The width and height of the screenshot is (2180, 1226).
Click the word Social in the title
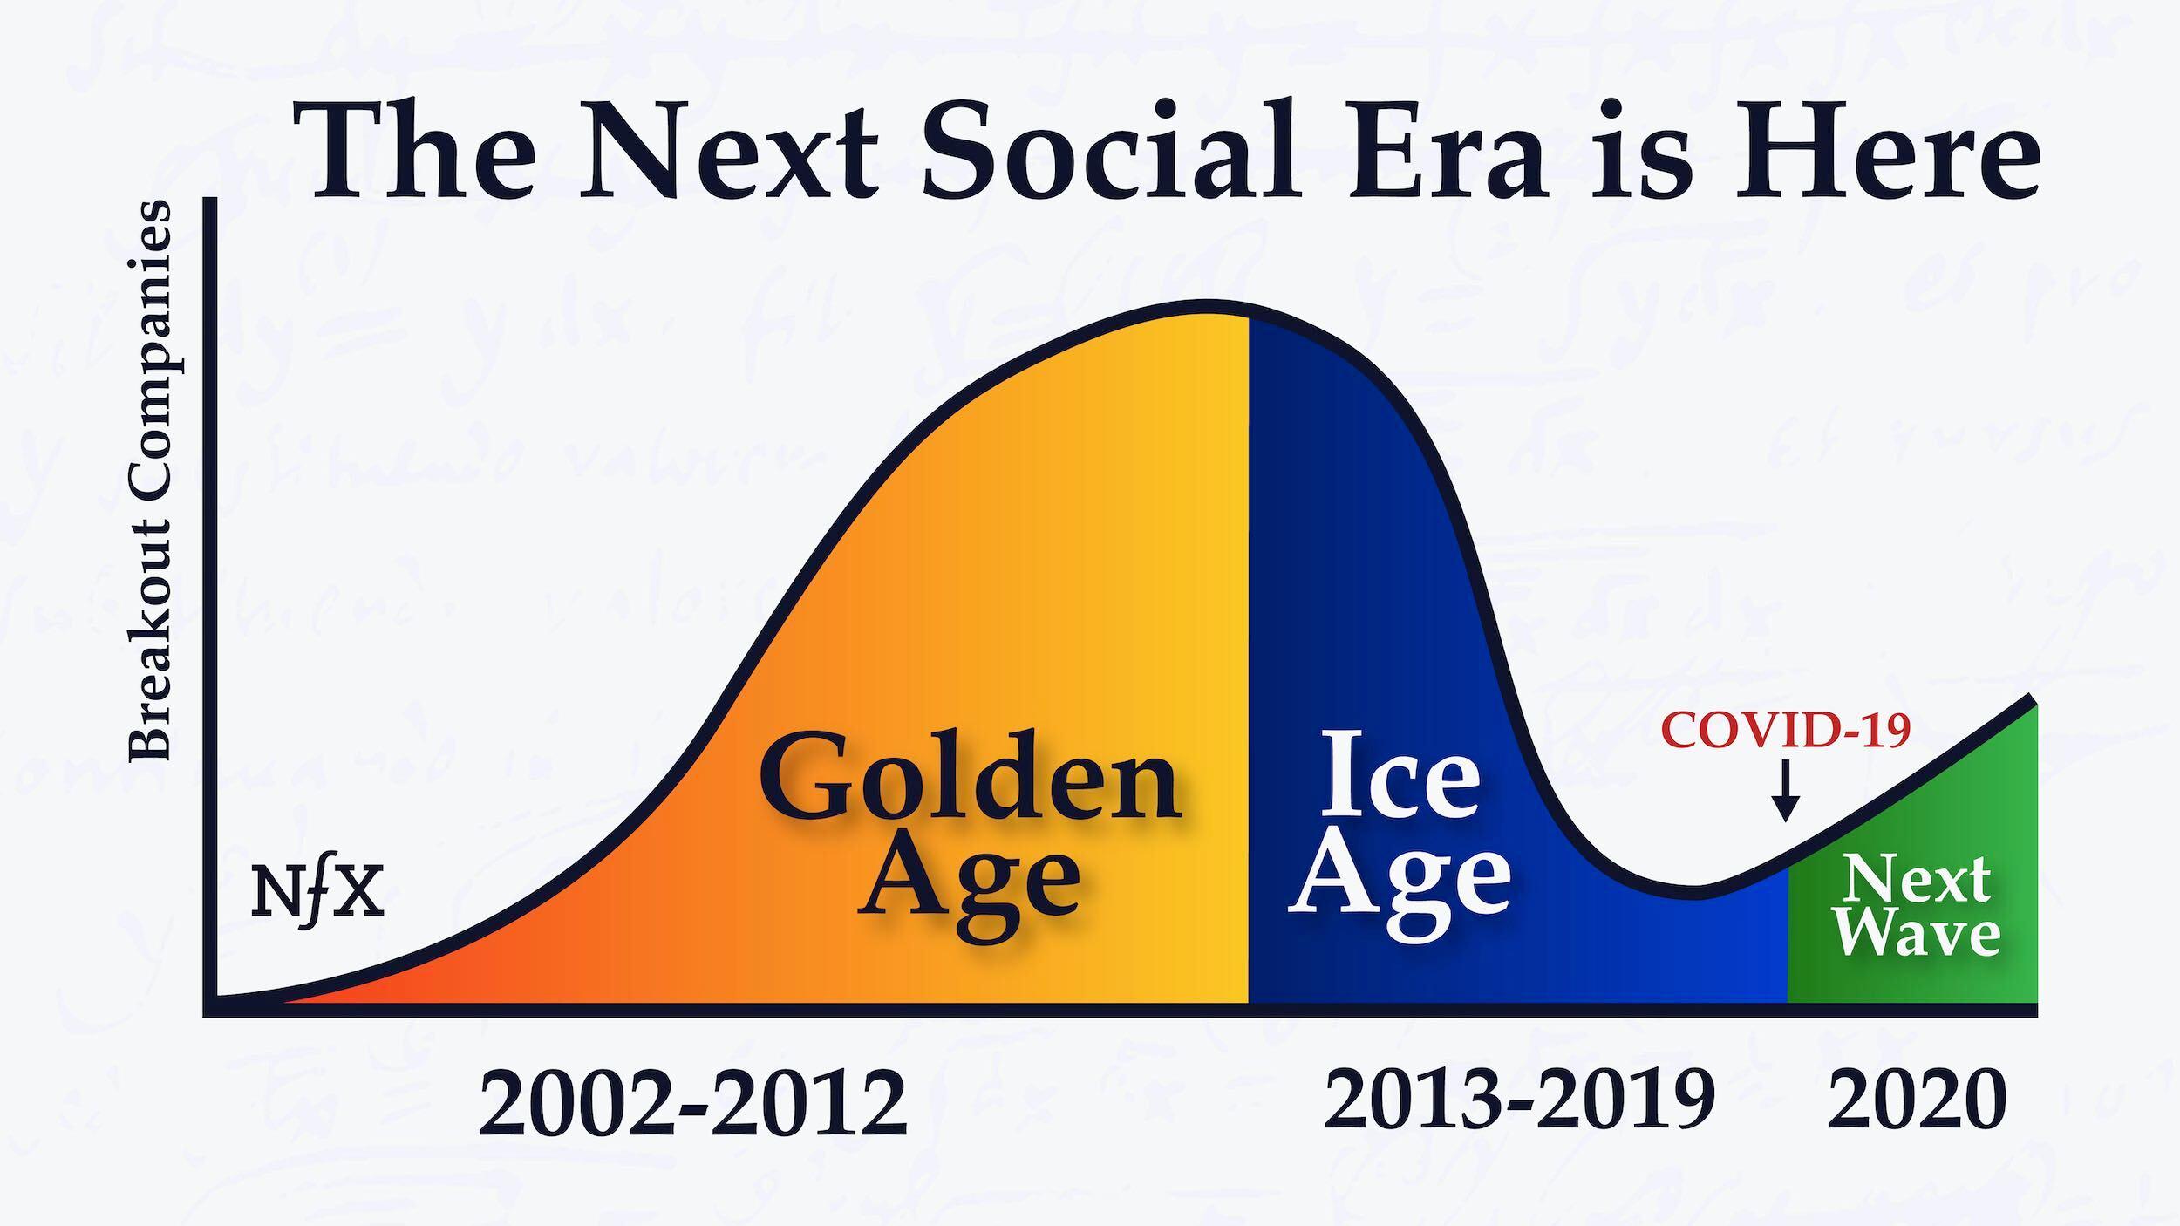point(1107,148)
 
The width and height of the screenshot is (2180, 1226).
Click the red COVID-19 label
point(1786,731)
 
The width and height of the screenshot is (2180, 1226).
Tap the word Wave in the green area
point(1917,936)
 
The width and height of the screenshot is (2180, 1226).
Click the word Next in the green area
point(1917,879)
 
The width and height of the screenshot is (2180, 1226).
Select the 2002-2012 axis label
point(692,1104)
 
